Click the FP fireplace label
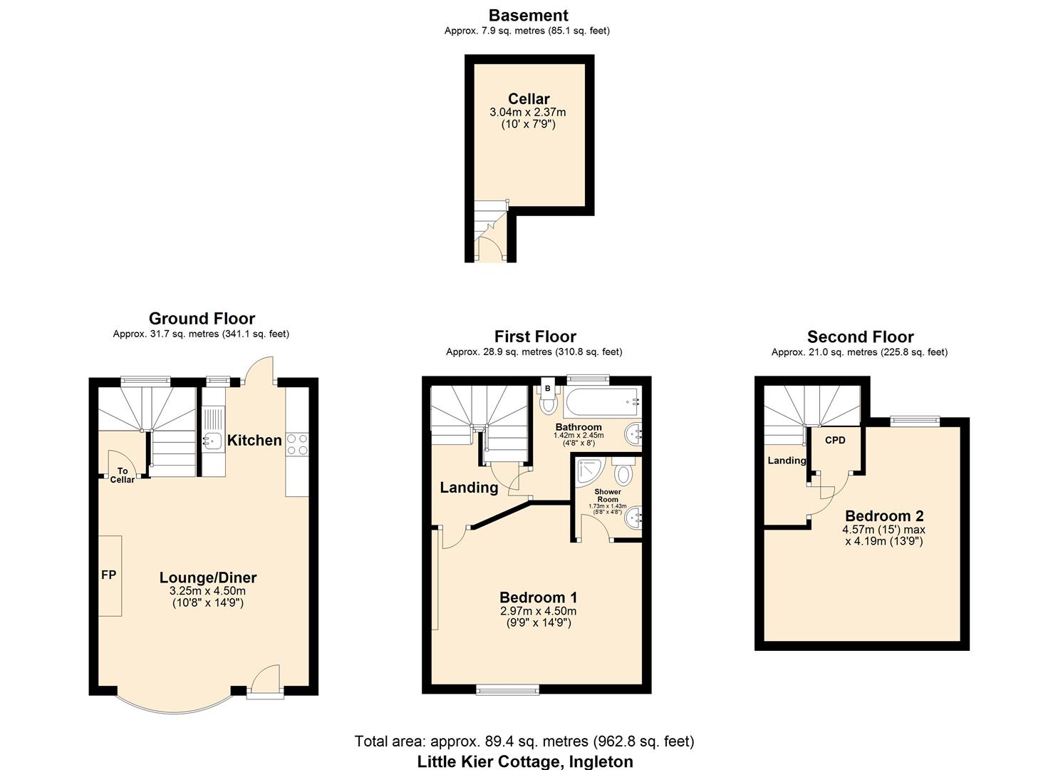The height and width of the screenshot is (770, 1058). coord(108,575)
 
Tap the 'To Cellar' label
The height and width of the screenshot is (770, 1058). coord(123,476)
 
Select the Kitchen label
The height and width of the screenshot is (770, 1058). coord(254,440)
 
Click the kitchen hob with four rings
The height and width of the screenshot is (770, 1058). coord(297,444)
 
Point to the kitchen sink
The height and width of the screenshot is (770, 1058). coord(212,441)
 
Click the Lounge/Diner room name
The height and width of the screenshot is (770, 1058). coord(207,577)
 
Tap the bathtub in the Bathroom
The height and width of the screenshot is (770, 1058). coord(602,403)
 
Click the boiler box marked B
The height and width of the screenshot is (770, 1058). coord(548,388)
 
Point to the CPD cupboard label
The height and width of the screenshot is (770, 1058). coord(835,440)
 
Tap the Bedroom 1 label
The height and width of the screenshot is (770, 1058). coord(538,597)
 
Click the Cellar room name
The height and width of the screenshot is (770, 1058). coord(529,99)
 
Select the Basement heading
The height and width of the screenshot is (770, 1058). coord(528,16)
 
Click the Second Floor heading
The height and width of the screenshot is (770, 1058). coord(860,337)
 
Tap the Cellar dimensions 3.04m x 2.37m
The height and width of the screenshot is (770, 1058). coord(528,113)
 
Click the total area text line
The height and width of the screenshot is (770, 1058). coord(524,741)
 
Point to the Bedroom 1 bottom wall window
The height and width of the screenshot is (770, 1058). coord(507,689)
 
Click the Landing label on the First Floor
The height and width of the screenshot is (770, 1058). coord(469,488)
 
